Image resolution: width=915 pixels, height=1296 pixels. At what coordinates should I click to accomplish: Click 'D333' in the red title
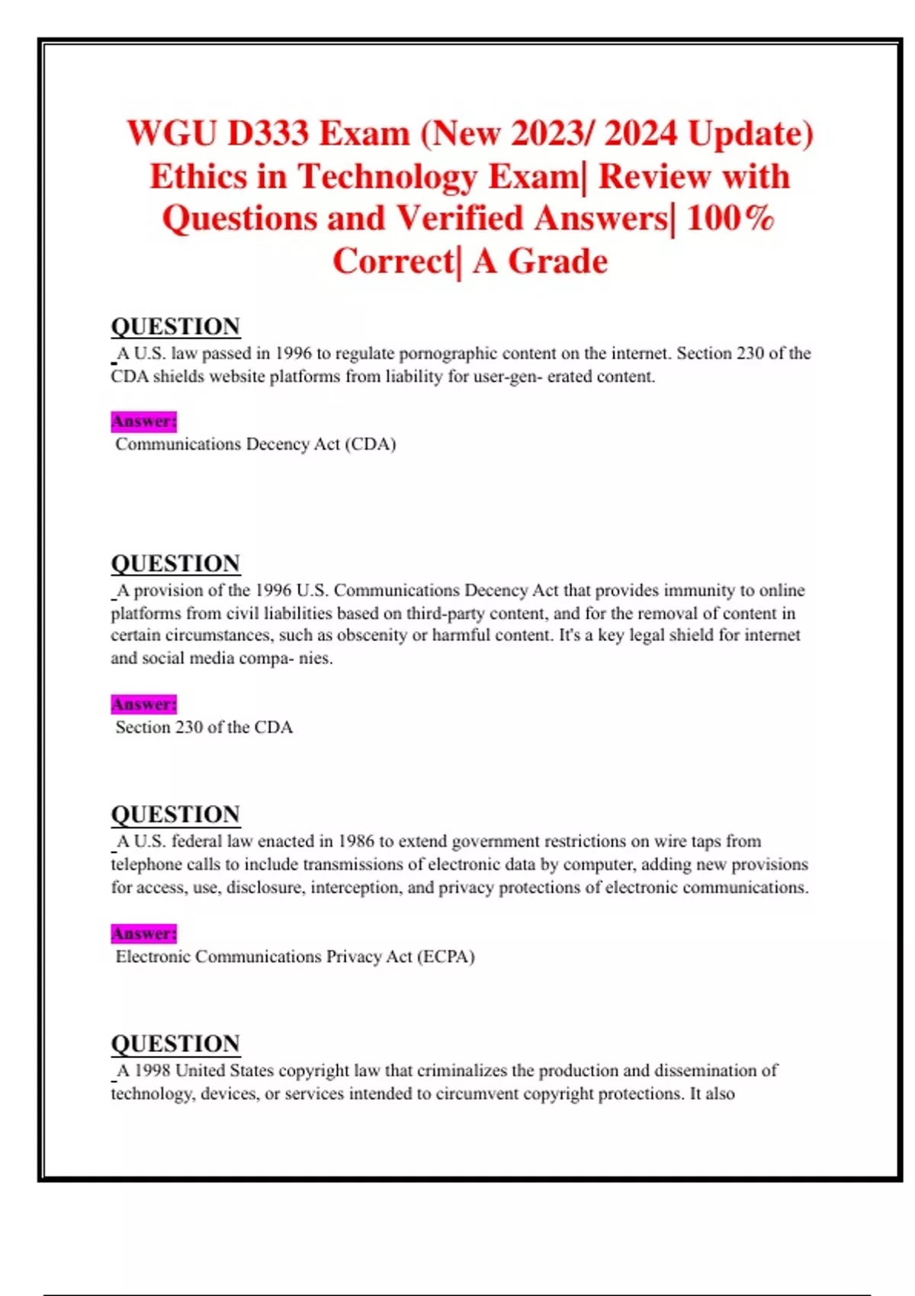[x=268, y=133]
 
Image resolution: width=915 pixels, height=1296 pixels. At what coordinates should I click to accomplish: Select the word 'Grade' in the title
[x=557, y=261]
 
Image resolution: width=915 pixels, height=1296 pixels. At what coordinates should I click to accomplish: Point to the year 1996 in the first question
[x=293, y=354]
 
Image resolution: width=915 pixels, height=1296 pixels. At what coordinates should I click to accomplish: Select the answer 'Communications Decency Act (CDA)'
[x=255, y=444]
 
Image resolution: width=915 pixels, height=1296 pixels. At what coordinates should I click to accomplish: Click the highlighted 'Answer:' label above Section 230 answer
[x=143, y=704]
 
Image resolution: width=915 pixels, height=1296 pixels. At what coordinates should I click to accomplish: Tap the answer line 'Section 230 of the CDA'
[x=204, y=727]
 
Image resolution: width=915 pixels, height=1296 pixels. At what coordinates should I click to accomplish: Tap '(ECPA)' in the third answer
[x=445, y=957]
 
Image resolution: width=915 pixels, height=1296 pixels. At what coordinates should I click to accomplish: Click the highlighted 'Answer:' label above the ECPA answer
[x=143, y=933]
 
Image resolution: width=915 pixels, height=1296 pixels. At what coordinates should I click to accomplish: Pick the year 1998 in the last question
[x=152, y=1070]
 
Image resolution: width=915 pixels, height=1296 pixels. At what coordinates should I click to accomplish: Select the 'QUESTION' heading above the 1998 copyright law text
[x=175, y=1043]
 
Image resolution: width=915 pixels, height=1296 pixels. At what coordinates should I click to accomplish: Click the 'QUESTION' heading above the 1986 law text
[x=175, y=813]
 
